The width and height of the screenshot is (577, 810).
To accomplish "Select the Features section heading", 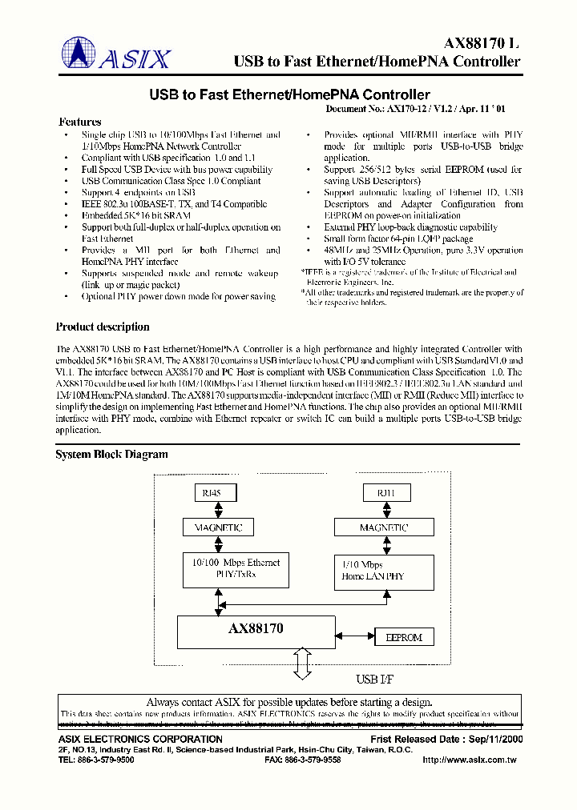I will (80, 122).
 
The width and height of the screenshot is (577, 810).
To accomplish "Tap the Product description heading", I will (103, 327).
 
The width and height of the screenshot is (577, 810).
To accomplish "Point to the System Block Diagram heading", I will (111, 454).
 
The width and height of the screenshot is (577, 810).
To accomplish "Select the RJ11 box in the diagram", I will (384, 493).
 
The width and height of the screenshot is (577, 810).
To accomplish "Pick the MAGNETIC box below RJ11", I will (384, 527).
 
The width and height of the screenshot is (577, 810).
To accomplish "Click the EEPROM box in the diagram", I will (404, 637).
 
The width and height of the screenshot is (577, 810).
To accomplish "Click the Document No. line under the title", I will (425, 108).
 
